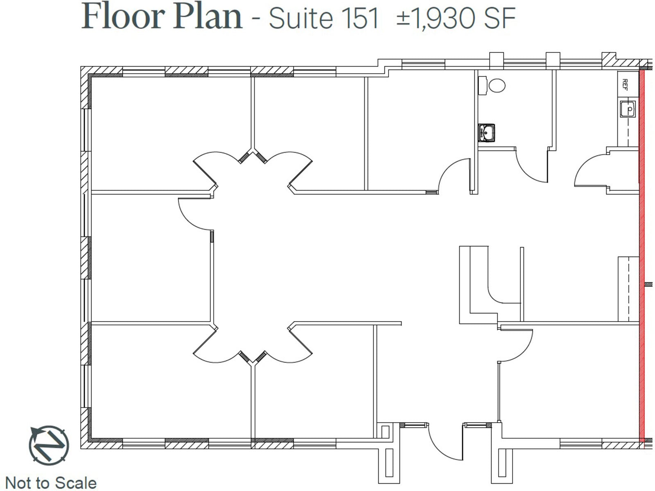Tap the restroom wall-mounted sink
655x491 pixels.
point(486,133)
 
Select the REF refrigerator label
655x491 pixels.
point(625,84)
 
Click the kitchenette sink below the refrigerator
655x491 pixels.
point(627,109)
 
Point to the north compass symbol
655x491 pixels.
point(49,445)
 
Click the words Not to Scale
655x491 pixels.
point(51,483)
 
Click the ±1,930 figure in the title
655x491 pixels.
point(436,18)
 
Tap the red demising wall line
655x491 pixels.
point(641,254)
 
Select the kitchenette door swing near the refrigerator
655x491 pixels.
point(589,172)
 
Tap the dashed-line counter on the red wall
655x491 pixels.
point(628,288)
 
